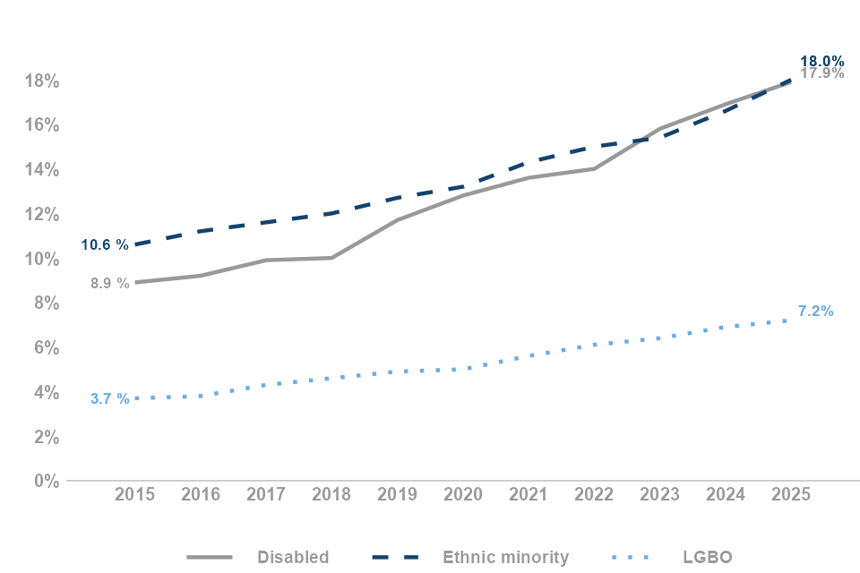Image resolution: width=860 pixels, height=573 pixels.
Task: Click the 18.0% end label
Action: (821, 61)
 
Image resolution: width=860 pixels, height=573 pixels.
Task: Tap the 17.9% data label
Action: (821, 73)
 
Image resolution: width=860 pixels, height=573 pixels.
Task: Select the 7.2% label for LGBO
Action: (815, 312)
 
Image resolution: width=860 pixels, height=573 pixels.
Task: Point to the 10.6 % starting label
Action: (105, 244)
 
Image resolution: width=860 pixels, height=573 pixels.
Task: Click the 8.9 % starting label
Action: (109, 283)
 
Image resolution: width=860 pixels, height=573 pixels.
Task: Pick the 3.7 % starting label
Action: (109, 398)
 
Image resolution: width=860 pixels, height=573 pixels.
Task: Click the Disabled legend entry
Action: (292, 557)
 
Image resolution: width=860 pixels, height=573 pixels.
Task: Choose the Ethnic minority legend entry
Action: (505, 557)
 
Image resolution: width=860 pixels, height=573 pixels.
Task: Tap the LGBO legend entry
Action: (706, 557)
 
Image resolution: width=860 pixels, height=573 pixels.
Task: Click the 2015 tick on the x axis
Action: (134, 495)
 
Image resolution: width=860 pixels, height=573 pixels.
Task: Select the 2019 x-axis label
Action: (397, 495)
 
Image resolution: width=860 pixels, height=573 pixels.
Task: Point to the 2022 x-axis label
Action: (594, 495)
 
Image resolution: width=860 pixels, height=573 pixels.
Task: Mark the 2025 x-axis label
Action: (790, 495)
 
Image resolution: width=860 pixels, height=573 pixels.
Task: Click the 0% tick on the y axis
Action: (46, 482)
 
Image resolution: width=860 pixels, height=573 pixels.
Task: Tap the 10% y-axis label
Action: (41, 259)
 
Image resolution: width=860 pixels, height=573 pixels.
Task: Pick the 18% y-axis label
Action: (41, 81)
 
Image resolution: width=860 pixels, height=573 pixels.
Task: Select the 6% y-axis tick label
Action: (46, 347)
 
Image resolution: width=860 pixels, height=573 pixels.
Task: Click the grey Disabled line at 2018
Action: (331, 258)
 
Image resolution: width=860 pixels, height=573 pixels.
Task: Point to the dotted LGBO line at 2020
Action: (462, 369)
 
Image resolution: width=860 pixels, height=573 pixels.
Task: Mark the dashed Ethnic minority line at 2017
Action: (266, 222)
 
